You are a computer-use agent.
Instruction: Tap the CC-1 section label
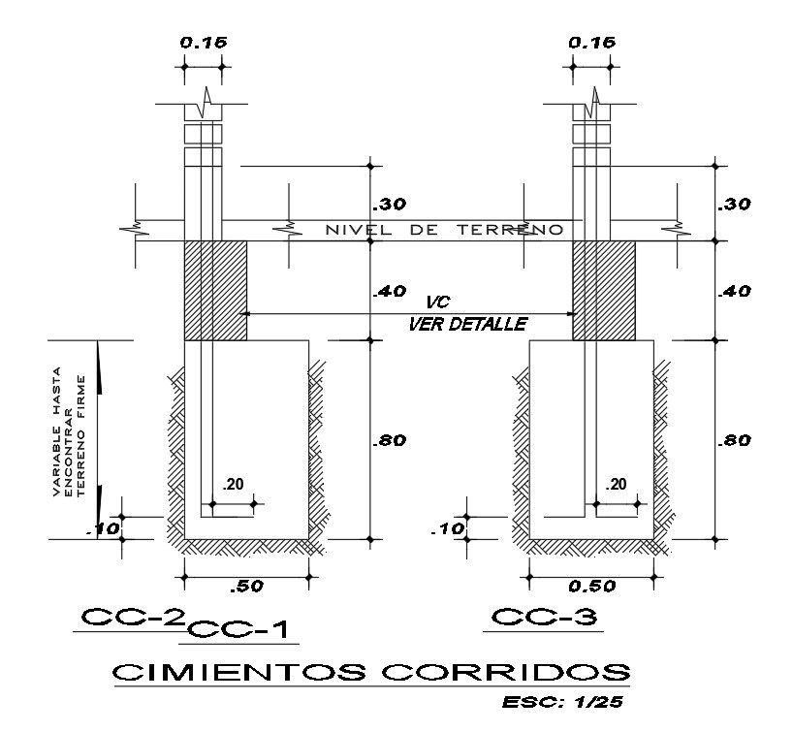[x=240, y=631]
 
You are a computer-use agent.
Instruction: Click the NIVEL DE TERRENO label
[x=445, y=231]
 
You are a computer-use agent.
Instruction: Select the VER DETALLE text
[x=467, y=324]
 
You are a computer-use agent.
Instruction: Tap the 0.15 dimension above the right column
[x=590, y=43]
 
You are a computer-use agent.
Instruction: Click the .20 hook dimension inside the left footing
[x=232, y=485]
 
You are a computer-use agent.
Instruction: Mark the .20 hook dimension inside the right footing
[x=616, y=485]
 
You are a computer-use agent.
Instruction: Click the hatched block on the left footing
[x=215, y=291]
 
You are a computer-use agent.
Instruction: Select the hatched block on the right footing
[x=604, y=291]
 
